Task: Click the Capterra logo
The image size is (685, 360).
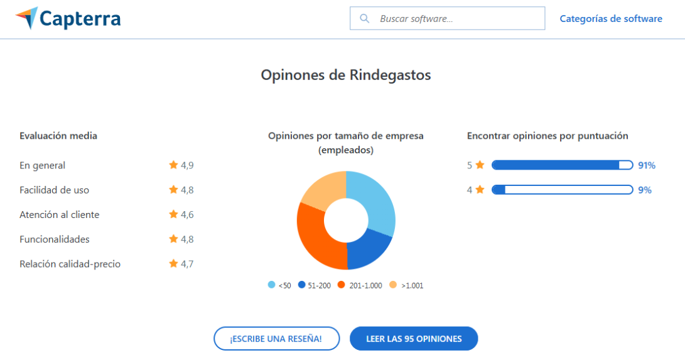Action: pyautogui.click(x=68, y=19)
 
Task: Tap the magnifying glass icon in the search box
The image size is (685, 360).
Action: pyautogui.click(x=364, y=19)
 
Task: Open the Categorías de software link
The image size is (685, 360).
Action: pyautogui.click(x=610, y=19)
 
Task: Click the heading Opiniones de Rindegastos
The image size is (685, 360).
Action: pyautogui.click(x=346, y=75)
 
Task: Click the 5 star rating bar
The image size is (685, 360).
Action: pyautogui.click(x=562, y=165)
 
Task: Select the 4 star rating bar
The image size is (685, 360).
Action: pyautogui.click(x=562, y=190)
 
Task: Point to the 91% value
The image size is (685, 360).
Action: pyautogui.click(x=647, y=165)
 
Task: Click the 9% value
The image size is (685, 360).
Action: pyautogui.click(x=645, y=190)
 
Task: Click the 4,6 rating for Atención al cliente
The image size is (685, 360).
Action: pyautogui.click(x=187, y=215)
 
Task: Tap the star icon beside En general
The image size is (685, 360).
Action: pyautogui.click(x=173, y=165)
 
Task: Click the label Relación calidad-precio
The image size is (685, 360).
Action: pyautogui.click(x=70, y=264)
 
